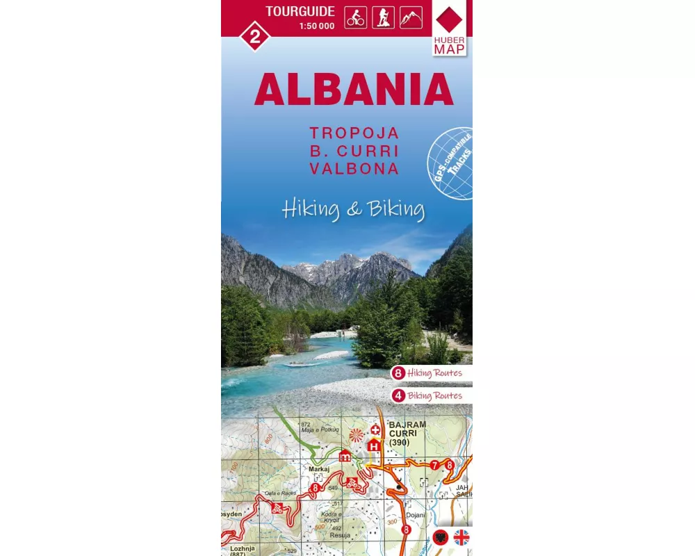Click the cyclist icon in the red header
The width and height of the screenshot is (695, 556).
(355, 18)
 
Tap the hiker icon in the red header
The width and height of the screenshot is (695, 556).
(383, 18)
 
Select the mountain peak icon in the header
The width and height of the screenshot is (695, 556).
(411, 18)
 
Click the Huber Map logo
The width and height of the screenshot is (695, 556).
(450, 28)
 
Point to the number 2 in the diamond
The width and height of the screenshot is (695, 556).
(254, 37)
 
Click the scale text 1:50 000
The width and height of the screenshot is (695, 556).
(316, 26)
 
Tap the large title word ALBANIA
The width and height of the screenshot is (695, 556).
(353, 89)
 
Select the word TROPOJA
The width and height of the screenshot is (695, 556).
(354, 133)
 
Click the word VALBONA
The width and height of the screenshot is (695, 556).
(354, 169)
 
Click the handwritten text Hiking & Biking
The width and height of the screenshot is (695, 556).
(353, 208)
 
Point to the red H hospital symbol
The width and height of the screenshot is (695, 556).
(374, 446)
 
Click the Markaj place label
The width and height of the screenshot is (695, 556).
(318, 469)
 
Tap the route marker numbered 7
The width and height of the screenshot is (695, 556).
(434, 465)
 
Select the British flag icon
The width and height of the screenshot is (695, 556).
(461, 537)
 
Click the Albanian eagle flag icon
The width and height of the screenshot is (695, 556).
(440, 537)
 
